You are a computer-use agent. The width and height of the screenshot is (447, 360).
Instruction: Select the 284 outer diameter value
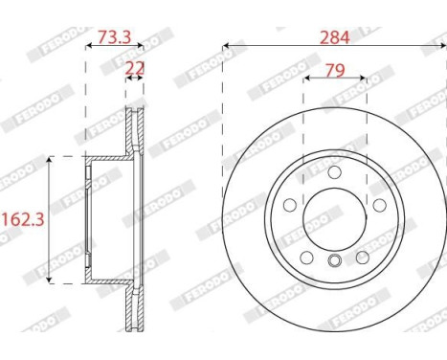(x=333, y=37)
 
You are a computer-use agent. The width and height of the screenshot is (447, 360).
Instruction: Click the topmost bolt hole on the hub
(x=333, y=173)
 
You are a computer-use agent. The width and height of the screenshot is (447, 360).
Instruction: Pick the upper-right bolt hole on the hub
(x=378, y=205)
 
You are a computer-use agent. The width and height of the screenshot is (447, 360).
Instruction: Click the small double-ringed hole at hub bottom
(x=333, y=262)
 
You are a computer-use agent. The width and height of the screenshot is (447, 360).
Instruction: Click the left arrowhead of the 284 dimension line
(x=226, y=45)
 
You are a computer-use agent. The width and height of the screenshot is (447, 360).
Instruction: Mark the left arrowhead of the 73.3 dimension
(x=89, y=45)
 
